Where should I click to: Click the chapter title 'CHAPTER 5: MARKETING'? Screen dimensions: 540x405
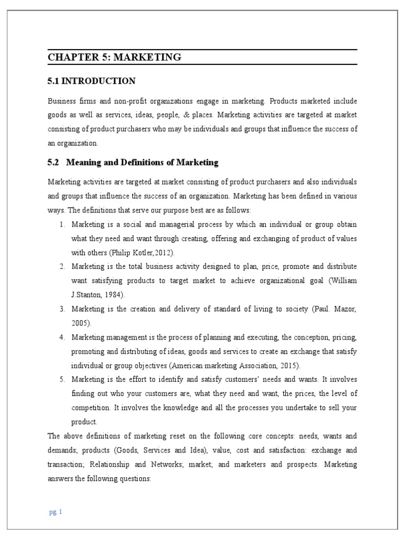[114, 57]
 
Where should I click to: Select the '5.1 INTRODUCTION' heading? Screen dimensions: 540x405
[91, 81]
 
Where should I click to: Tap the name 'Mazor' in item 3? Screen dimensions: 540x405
[344, 308]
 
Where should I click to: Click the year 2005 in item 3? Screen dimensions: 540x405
[80, 323]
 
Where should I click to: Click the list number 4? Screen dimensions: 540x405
[62, 337]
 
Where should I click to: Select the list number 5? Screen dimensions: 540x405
[62, 379]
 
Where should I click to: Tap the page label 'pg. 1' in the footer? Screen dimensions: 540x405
[55, 512]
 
